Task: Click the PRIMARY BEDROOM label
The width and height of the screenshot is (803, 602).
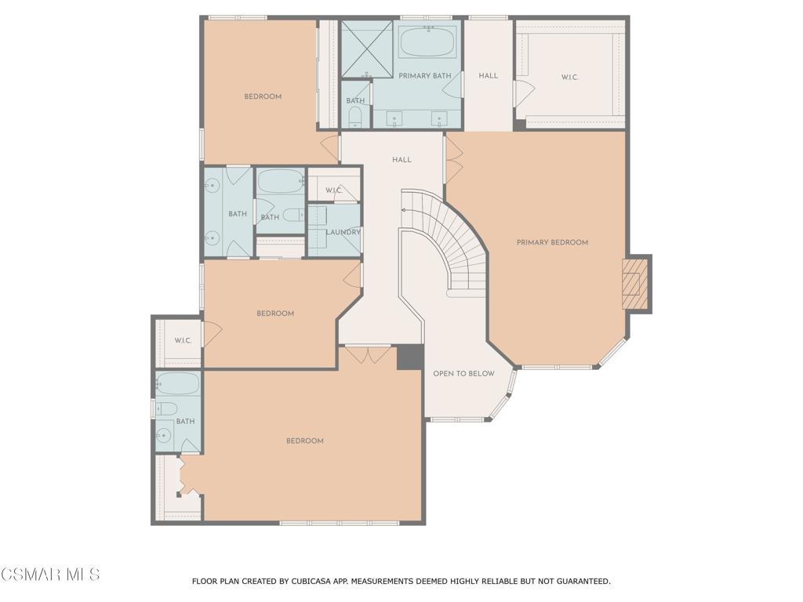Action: tap(552, 242)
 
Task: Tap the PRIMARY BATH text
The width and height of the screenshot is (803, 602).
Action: tap(424, 76)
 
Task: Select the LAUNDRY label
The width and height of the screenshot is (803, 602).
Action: tap(343, 232)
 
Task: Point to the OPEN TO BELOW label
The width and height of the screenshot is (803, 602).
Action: tap(463, 374)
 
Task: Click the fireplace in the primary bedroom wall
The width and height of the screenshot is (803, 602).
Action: tap(634, 284)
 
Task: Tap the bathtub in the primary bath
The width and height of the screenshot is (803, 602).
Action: tap(427, 41)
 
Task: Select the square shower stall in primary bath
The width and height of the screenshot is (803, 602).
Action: tap(365, 49)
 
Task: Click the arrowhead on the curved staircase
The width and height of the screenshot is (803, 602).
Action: tap(405, 210)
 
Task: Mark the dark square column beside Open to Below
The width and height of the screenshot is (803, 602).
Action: tap(409, 357)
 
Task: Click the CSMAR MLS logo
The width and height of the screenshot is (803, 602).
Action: tap(50, 575)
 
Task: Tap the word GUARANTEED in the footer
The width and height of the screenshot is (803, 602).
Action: tap(580, 582)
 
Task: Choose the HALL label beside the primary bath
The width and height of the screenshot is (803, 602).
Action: tap(488, 76)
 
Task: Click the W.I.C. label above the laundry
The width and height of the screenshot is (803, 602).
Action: tap(334, 190)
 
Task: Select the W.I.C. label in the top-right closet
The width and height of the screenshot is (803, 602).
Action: tap(569, 78)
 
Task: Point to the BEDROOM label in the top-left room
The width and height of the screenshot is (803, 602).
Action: tap(263, 96)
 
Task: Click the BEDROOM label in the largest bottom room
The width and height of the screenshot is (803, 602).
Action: tap(304, 441)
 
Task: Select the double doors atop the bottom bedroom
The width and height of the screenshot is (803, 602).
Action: tap(368, 354)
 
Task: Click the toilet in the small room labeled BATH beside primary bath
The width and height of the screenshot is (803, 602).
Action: tap(355, 118)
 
